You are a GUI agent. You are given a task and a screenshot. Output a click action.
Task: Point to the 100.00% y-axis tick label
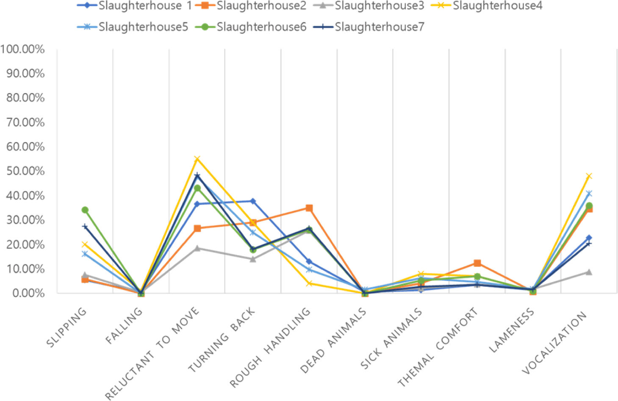[x=22, y=49]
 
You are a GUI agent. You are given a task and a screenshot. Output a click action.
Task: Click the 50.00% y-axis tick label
[x=25, y=171]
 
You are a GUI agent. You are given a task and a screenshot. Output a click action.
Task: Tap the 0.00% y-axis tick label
[x=28, y=293]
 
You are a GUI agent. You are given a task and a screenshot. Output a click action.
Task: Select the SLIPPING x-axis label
[x=67, y=328]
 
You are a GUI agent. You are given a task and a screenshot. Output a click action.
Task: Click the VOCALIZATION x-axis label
[x=554, y=343]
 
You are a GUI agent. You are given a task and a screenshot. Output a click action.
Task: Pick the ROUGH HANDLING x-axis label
[x=270, y=348]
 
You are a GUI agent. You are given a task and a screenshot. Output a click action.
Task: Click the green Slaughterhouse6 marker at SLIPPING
[x=85, y=210]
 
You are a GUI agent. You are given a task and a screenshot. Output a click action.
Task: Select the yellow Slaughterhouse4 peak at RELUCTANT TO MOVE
[x=197, y=159]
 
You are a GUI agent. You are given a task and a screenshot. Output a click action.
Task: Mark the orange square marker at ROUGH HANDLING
[x=309, y=208]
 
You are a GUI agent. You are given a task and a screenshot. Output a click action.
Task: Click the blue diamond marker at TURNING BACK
[x=253, y=201]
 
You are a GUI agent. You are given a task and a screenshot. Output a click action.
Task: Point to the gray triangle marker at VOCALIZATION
[x=588, y=272]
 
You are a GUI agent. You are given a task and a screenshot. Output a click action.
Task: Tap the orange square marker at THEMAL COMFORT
[x=477, y=263]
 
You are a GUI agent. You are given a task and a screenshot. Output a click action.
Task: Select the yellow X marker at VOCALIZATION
[x=588, y=176]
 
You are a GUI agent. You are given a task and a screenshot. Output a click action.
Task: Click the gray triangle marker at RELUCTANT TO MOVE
[x=197, y=248]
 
